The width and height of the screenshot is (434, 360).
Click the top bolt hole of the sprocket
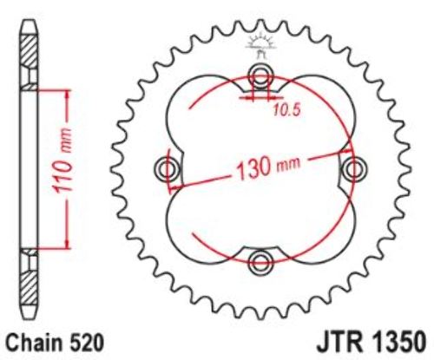pos(260,75)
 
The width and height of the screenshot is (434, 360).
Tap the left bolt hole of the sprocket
pos(167,169)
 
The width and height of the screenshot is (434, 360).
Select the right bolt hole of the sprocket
pos(354,169)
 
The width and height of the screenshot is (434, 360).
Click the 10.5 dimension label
pos(287,110)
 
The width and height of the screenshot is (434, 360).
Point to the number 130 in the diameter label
pos(253,168)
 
